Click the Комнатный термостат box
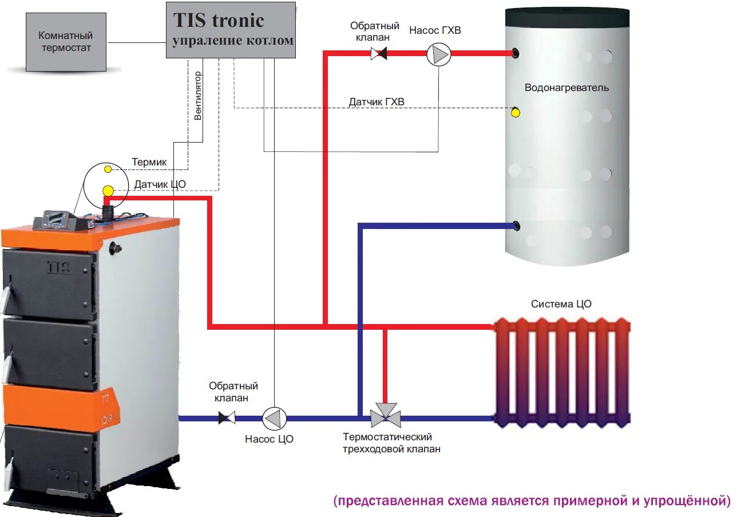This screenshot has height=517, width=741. coord(66,42)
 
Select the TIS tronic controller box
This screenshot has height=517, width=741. coord(231,30)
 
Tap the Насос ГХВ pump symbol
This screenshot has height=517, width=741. coord(439,54)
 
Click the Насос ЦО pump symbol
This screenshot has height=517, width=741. coord(274,418)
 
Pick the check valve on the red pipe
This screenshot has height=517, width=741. coord(378,54)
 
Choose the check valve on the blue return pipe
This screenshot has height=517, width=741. coord(227,418)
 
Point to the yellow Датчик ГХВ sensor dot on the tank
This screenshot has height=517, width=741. coord(516,112)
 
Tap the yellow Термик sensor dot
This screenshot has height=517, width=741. coord(108,169)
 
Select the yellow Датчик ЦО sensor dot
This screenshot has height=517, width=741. coord(108,190)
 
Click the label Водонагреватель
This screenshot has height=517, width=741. coord(566,88)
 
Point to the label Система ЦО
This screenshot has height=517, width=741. coord(561,304)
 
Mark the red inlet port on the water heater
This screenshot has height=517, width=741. coord(517,54)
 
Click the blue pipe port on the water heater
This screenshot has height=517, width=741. coord(517,226)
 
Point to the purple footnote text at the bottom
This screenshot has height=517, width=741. coord(532,501)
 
